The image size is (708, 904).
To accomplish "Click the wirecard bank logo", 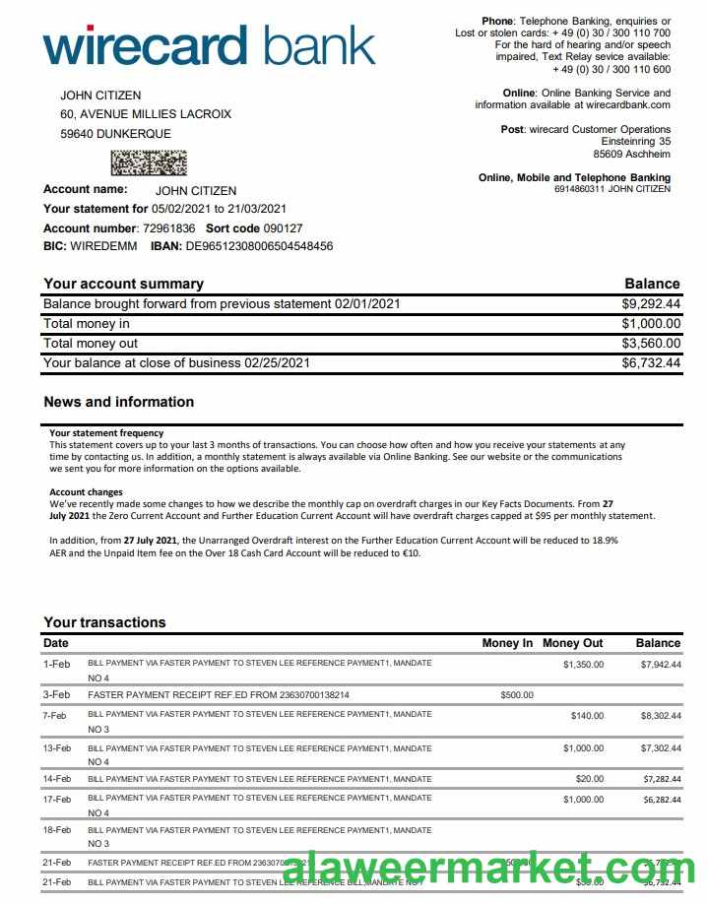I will (x=209, y=46).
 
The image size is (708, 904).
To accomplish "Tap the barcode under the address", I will (x=148, y=161).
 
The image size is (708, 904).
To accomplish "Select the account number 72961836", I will (x=169, y=227).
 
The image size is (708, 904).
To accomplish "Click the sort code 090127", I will (x=269, y=227).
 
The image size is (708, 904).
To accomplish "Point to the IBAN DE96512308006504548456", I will (x=259, y=246).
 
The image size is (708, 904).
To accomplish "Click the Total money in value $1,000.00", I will (x=651, y=324).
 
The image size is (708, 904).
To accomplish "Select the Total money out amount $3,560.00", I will (x=651, y=344).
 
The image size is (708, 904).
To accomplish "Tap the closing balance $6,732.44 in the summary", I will (x=651, y=363).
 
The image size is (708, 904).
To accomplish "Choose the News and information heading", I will (x=118, y=402).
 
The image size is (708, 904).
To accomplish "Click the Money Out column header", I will (x=572, y=643).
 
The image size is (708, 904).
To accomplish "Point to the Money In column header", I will (x=507, y=643).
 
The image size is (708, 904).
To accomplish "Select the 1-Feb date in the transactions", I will (x=56, y=665).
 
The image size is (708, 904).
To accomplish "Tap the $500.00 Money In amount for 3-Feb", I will (x=517, y=695).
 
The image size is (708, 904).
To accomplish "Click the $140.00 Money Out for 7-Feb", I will (x=587, y=716).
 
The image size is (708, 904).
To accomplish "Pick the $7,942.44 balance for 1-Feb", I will (x=661, y=665).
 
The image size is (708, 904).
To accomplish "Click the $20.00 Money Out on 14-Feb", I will (x=590, y=779).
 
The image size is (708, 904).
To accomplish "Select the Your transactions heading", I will (x=104, y=622).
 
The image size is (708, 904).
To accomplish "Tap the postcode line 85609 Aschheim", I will (x=631, y=155).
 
